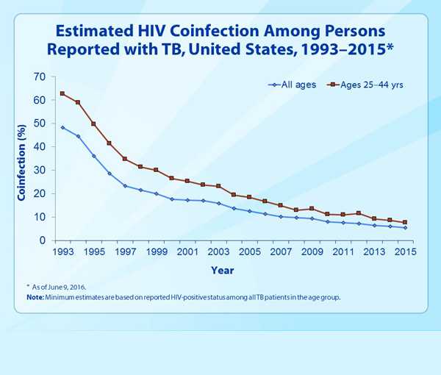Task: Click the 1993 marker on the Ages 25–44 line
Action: (62, 93)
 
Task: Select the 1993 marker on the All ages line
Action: (62, 127)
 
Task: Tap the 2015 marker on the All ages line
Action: (404, 227)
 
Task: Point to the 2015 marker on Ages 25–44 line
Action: (404, 222)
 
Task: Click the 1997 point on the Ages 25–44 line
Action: (125, 159)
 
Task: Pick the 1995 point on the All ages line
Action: (93, 156)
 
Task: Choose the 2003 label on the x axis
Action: (218, 252)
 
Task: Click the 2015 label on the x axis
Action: (404, 252)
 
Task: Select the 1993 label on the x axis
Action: (62, 252)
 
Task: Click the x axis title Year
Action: (223, 271)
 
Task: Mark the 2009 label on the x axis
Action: (311, 252)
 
